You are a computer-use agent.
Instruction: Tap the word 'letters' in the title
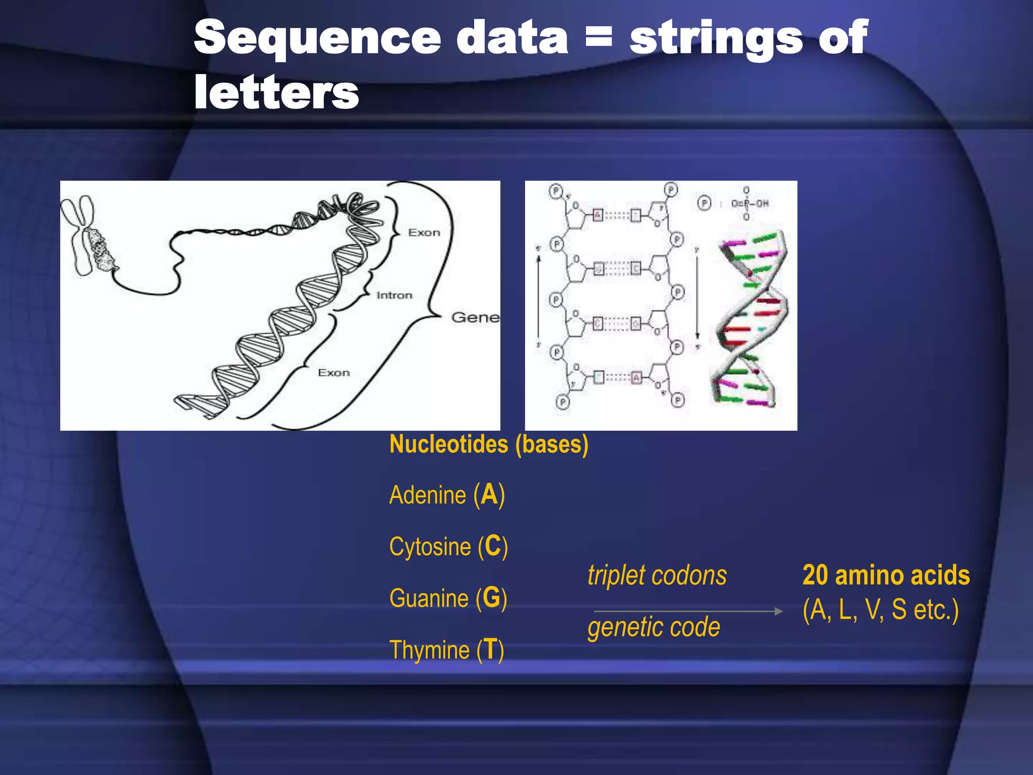(276, 92)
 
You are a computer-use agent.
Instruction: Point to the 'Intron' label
(394, 295)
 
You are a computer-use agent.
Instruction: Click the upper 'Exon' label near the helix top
(424, 233)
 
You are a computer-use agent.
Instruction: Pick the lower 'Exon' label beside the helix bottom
(333, 373)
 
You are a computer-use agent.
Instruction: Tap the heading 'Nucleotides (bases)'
(489, 445)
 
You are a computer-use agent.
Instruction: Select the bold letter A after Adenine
(489, 494)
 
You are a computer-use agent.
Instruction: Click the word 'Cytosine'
(430, 547)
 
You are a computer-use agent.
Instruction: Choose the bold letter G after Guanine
(491, 598)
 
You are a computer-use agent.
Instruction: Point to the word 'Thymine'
(429, 650)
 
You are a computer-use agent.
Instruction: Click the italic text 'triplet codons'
(657, 575)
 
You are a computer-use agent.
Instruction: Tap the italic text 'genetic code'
(654, 627)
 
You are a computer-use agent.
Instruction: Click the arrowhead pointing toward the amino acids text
(778, 611)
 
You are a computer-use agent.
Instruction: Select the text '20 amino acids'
(886, 575)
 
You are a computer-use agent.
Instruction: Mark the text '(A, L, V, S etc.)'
(880, 610)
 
